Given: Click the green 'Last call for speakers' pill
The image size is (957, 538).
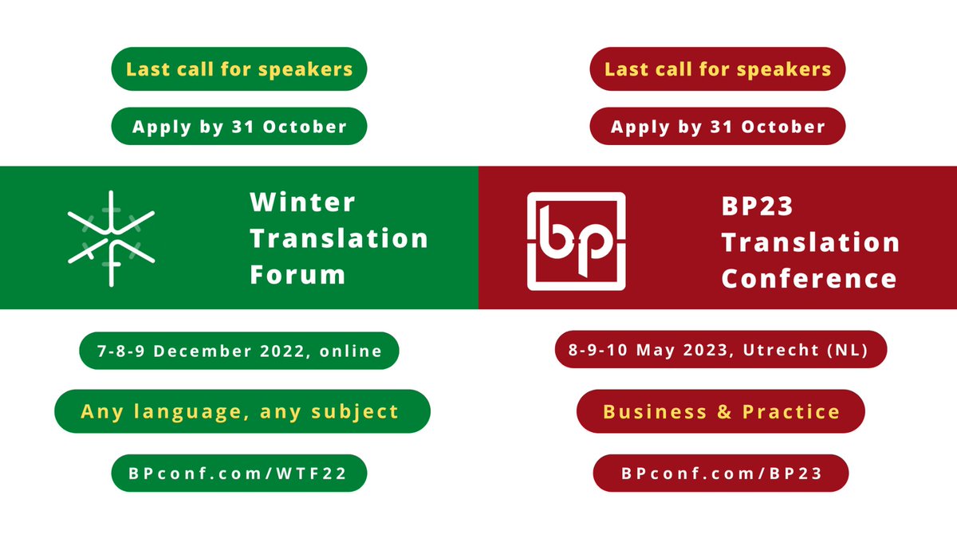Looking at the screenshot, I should coord(239,69).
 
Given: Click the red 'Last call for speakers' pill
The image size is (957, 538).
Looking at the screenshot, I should coord(718,69).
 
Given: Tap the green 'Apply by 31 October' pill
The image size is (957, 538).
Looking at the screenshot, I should coord(239,127).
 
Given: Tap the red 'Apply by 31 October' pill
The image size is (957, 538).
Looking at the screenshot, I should coord(718,127).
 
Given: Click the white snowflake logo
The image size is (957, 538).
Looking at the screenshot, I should coord(112,238).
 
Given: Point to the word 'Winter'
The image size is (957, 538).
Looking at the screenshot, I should coord(302,202).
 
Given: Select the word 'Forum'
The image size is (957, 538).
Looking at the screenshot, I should coord(297,275).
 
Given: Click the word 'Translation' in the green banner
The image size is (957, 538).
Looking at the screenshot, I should coord(339,238).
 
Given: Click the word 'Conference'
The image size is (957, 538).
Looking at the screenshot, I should coord(809,279).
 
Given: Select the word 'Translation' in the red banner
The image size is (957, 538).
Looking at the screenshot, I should coord(810,242).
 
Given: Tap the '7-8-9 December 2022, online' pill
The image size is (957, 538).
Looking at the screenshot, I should coord(239,351).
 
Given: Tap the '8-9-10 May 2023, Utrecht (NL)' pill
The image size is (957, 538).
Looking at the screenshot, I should coord(721,351).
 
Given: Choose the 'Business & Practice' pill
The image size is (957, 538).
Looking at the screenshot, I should coord(721,411).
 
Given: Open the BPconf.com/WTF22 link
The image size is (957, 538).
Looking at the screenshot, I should coord(239,473).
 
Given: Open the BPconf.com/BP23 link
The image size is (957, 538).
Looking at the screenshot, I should coord(721,473).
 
